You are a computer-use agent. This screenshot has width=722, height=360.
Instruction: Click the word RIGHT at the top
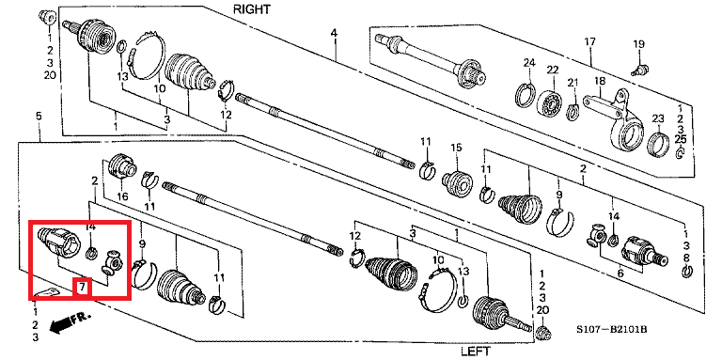(x=251, y=8)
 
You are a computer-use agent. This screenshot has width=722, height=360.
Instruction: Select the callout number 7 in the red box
(x=82, y=288)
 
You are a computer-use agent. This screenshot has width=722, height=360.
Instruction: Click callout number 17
(x=590, y=42)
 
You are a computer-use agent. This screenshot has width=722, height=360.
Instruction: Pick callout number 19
(x=638, y=45)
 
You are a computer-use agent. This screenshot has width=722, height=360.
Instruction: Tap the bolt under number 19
(x=640, y=70)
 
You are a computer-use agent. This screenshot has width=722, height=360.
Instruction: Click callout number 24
(x=529, y=63)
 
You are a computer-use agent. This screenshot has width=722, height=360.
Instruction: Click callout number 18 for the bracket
(x=600, y=81)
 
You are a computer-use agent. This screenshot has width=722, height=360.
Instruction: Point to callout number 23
(x=658, y=118)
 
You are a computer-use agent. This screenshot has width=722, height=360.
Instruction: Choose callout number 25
(x=680, y=138)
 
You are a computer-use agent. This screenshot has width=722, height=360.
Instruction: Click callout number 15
(x=456, y=148)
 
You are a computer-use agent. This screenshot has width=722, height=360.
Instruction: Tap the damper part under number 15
(x=457, y=182)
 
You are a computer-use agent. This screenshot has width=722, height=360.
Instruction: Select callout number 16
(x=122, y=197)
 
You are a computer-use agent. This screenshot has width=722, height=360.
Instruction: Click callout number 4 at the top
(x=334, y=33)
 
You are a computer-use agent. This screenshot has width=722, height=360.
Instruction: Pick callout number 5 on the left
(x=39, y=116)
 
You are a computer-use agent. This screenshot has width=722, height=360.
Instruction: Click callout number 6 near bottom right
(x=620, y=274)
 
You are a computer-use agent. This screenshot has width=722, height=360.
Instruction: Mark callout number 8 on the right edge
(x=686, y=258)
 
